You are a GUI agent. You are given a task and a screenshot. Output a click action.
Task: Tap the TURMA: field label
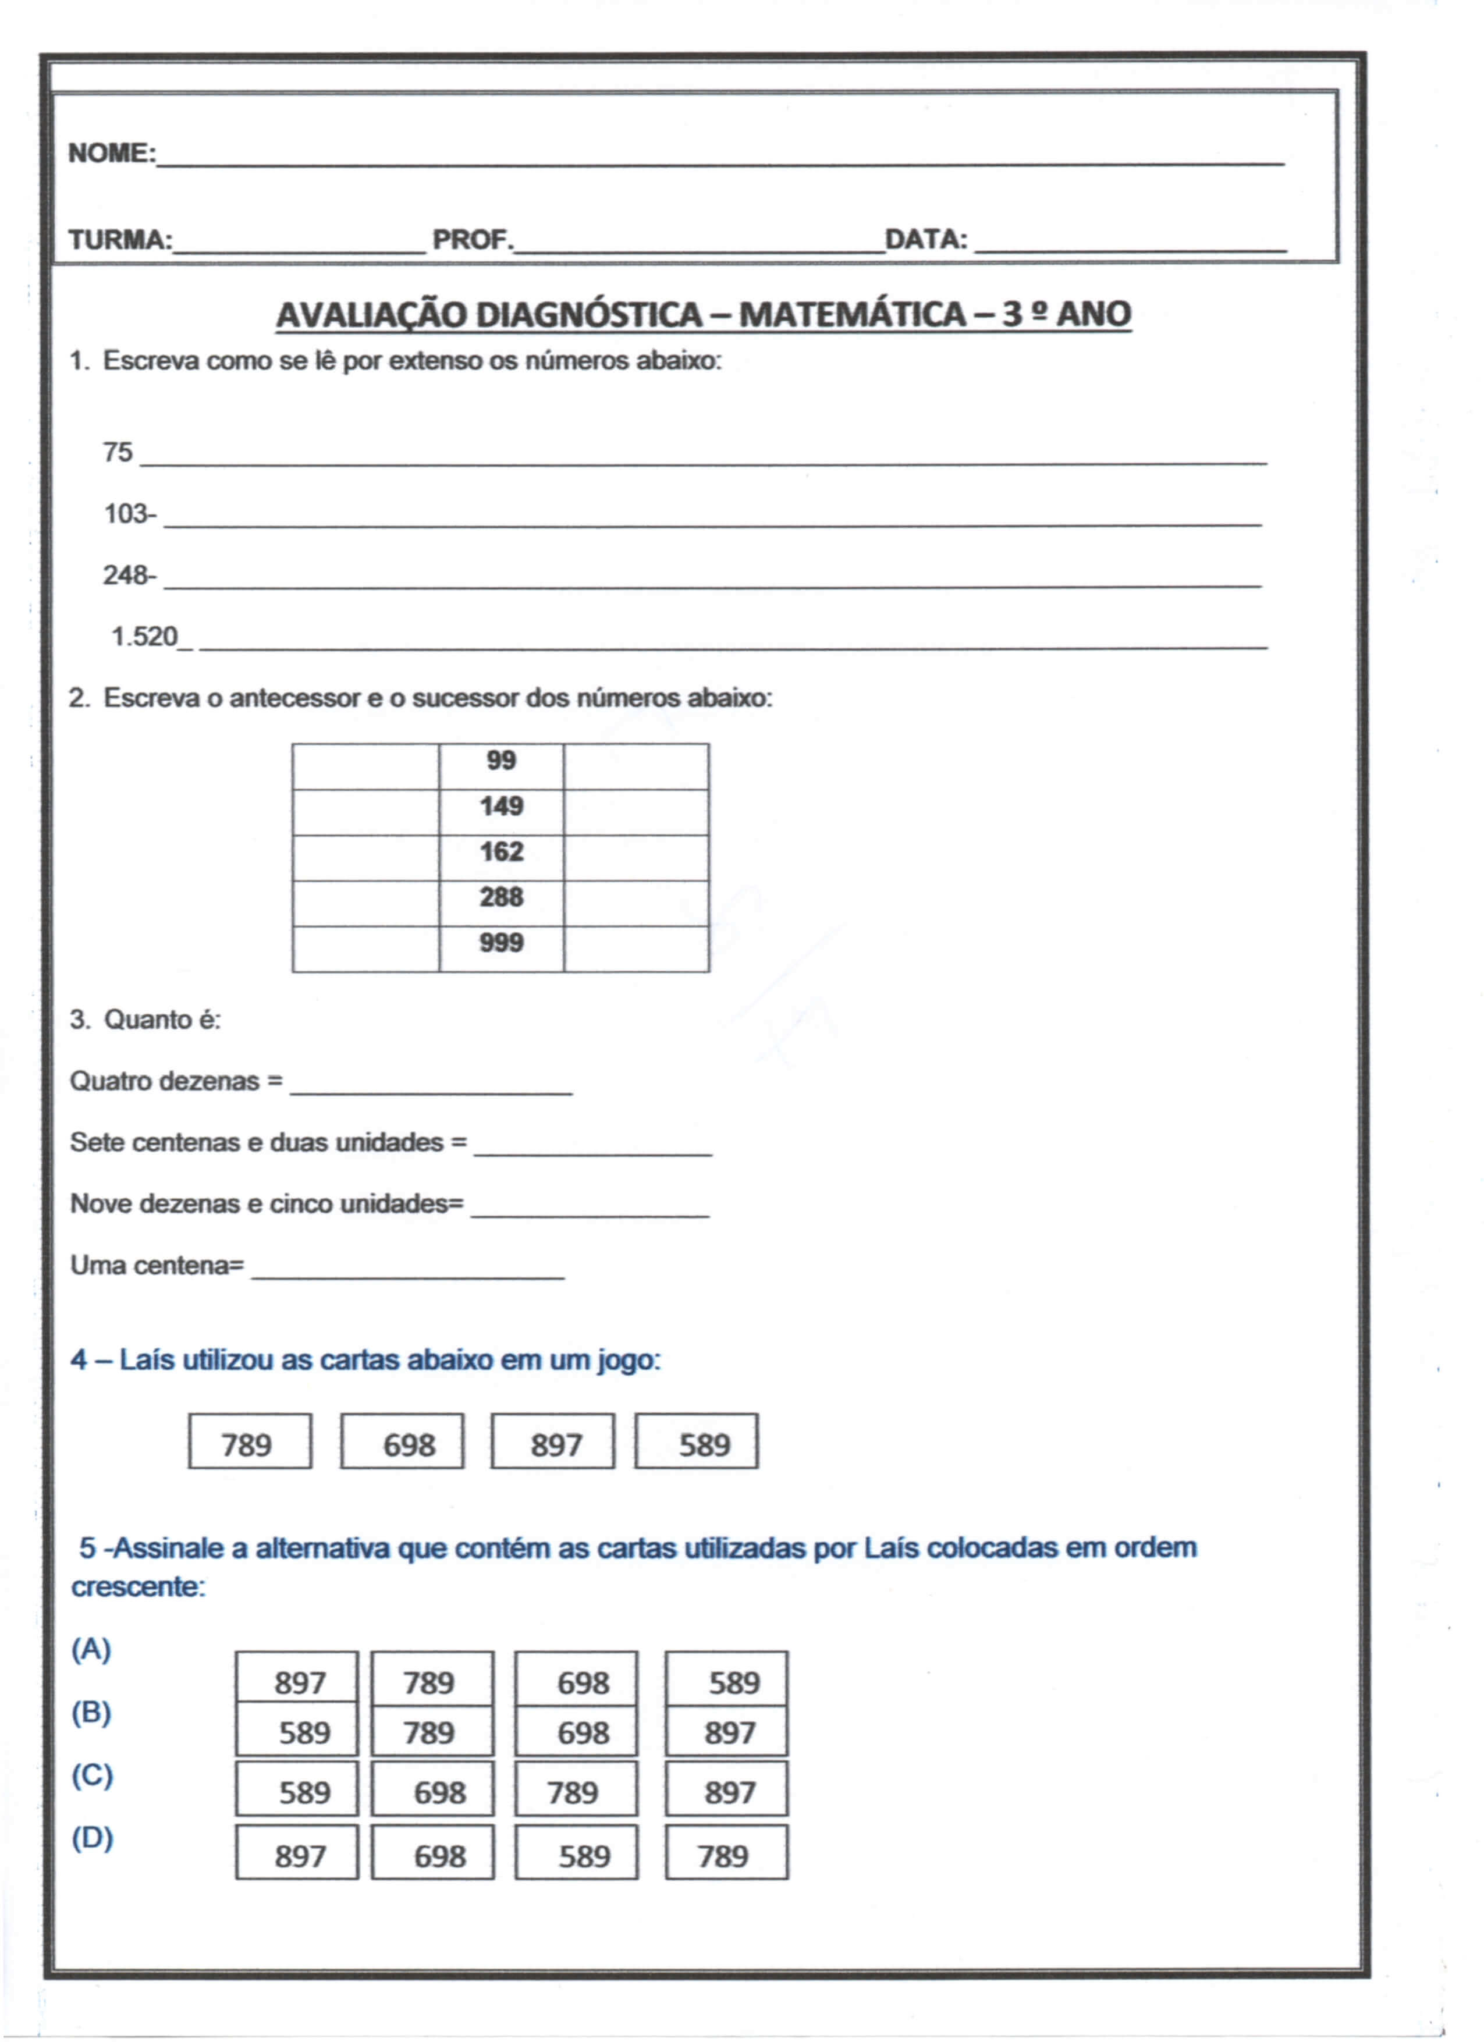pos(120,240)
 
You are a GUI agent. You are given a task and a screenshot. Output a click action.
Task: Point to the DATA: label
pos(926,240)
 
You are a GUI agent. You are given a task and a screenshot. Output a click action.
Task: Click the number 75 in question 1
pos(117,452)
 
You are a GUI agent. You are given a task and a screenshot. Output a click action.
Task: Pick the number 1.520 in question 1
pos(144,637)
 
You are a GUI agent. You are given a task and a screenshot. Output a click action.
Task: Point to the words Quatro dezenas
pos(164,1081)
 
